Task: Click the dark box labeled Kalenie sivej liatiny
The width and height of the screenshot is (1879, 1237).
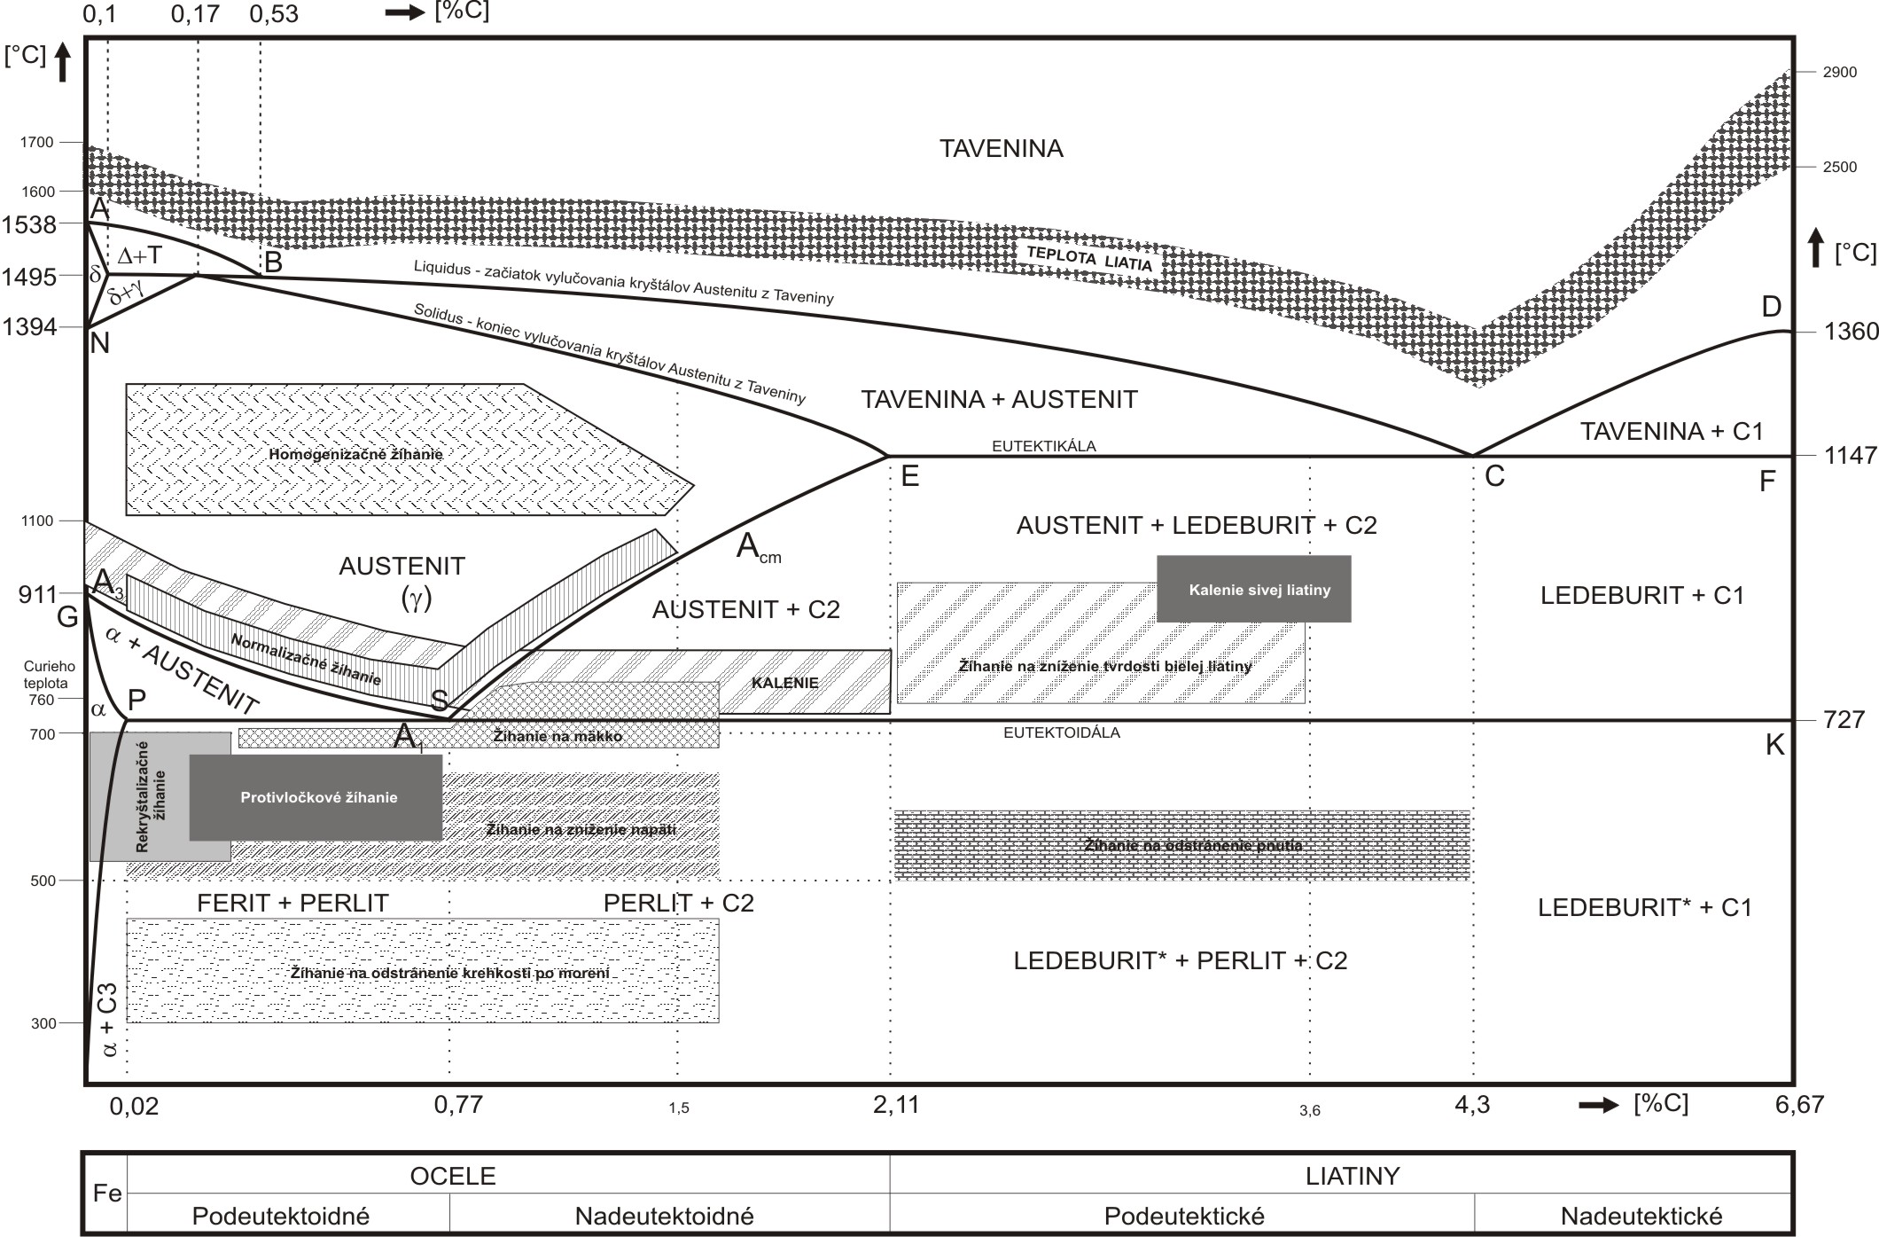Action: tap(1253, 589)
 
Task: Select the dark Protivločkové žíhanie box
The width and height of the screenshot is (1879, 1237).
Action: tap(316, 797)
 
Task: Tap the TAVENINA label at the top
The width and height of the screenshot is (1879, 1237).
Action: tap(1001, 148)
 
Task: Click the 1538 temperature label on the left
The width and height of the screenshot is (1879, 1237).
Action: tap(29, 225)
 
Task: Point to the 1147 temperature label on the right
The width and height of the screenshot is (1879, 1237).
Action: tap(1851, 456)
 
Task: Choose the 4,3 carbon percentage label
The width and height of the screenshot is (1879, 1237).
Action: tap(1471, 1105)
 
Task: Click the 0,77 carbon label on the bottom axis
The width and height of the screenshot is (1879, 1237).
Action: tap(458, 1104)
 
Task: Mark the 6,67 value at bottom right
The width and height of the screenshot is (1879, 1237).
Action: tap(1799, 1105)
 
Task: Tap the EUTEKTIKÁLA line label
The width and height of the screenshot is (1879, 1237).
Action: tap(1043, 446)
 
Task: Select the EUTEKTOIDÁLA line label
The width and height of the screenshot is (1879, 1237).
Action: tap(1061, 732)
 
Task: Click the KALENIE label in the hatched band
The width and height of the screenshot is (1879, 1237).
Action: tap(784, 683)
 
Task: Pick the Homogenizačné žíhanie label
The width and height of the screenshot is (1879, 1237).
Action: tap(355, 454)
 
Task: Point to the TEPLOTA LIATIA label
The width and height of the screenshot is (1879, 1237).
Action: tap(1089, 258)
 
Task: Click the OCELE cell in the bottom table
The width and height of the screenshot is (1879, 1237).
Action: tap(452, 1176)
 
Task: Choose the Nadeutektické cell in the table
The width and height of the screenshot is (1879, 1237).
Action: tap(1641, 1215)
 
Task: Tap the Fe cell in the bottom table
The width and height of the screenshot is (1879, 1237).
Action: tap(106, 1194)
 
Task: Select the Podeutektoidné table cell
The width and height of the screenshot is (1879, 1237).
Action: tap(280, 1215)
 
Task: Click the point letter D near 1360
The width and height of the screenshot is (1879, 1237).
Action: tap(1771, 308)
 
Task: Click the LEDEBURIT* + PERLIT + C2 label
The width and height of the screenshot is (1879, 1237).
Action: tap(1180, 960)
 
